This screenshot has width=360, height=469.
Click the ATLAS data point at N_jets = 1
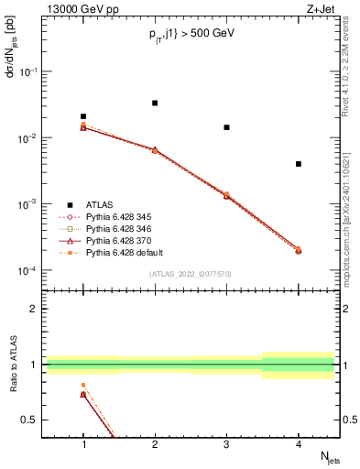pyautogui.click(x=83, y=116)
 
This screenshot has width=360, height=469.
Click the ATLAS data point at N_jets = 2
pyautogui.click(x=155, y=103)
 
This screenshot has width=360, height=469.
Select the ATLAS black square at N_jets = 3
pyautogui.click(x=226, y=127)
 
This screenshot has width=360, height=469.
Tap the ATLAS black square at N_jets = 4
pyautogui.click(x=299, y=164)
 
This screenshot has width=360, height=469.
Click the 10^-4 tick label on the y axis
pyautogui.click(x=30, y=271)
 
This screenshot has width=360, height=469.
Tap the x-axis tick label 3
pyautogui.click(x=226, y=444)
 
